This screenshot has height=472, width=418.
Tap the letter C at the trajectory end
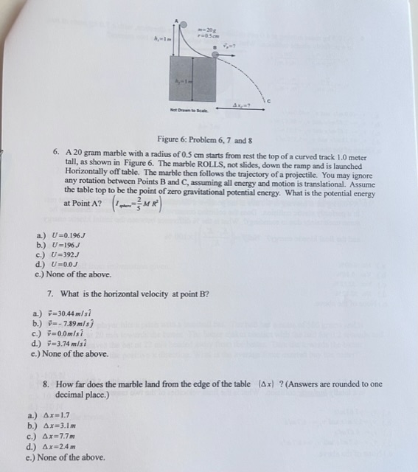coord(269,100)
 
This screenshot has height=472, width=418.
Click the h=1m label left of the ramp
coord(161,35)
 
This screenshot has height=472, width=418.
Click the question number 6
coord(56,151)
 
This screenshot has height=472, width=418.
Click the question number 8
coord(47,384)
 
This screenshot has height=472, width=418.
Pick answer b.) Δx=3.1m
coord(57,426)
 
